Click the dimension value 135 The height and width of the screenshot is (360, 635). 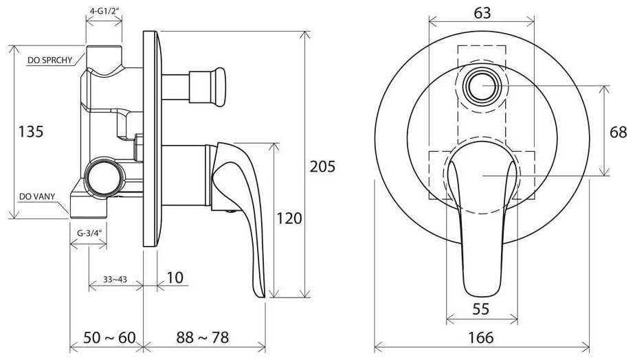[31, 132]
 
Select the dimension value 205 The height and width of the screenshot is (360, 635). [322, 166]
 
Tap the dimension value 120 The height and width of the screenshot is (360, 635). [289, 218]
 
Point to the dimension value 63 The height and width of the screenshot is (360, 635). [482, 12]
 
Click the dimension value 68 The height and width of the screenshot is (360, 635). [618, 132]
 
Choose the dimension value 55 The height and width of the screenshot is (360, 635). [481, 309]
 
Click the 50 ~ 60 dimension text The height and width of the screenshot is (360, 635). [109, 337]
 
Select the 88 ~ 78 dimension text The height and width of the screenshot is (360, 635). [203, 337]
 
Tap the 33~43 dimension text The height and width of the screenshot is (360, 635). [115, 280]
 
